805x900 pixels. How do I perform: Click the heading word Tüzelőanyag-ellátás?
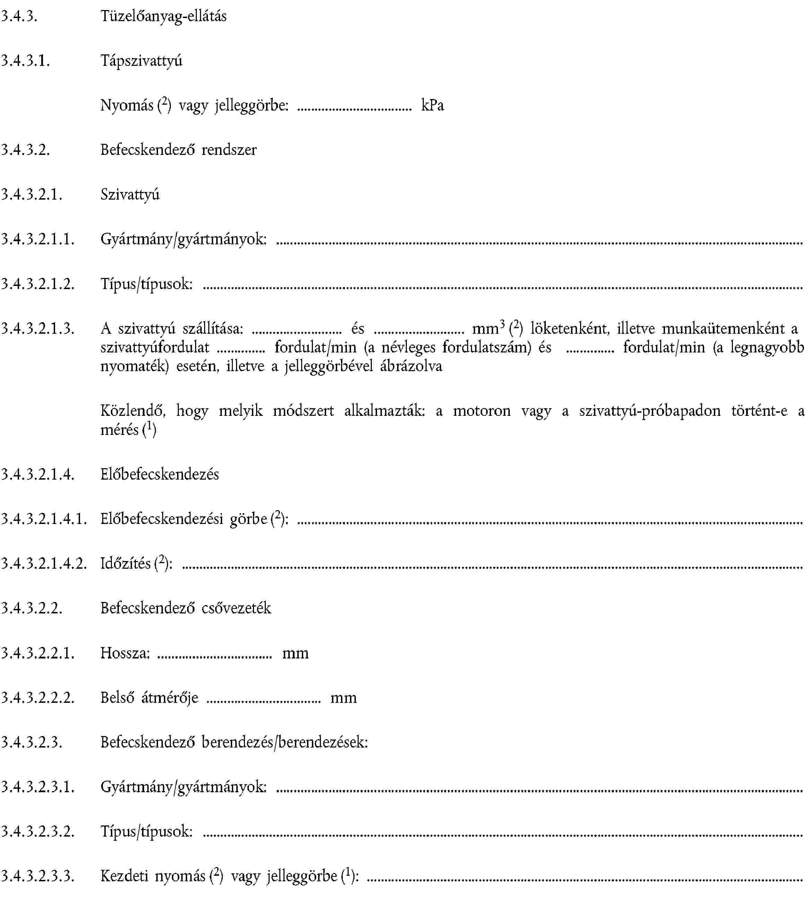tap(163, 16)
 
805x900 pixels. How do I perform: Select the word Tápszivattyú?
tap(141, 61)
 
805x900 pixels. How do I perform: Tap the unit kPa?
tap(432, 105)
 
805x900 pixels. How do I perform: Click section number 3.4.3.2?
tap(25, 150)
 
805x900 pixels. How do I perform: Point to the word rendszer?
tap(229, 150)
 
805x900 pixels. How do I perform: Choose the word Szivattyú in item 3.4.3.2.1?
tap(130, 195)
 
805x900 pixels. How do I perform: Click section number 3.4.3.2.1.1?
tap(37, 239)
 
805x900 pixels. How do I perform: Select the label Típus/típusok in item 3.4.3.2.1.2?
tap(146, 284)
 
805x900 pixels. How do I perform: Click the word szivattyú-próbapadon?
tap(649, 411)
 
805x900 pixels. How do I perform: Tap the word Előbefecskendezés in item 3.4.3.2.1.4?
tap(159, 474)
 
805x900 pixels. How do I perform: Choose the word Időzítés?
tap(125, 563)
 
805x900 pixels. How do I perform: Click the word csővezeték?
tap(236, 608)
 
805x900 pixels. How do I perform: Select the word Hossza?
tap(124, 653)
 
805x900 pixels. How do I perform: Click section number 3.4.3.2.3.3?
tap(37, 876)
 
